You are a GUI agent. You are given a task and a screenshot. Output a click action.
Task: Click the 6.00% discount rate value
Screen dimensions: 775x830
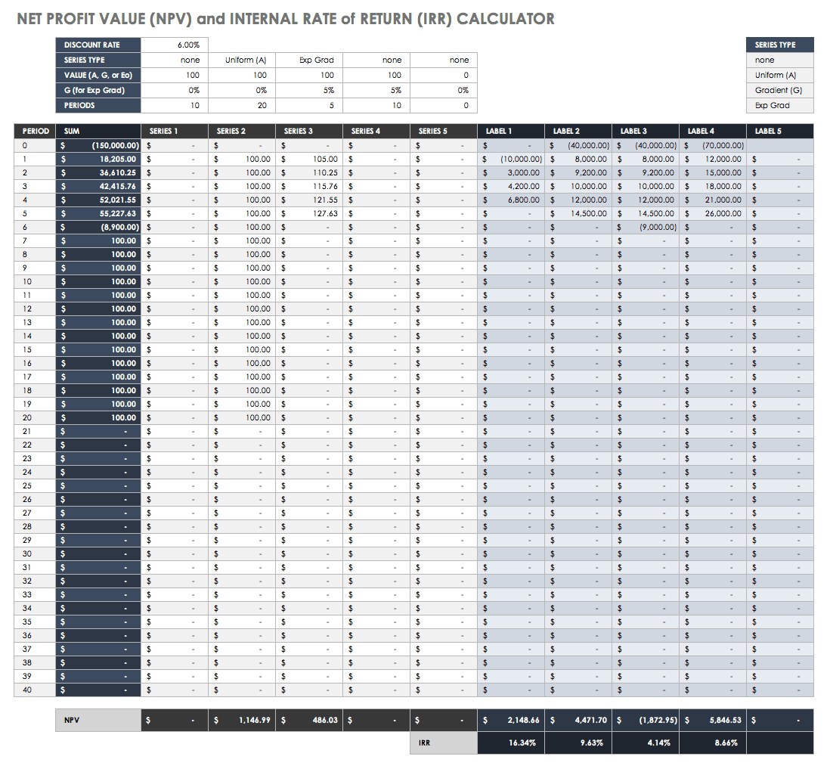(188, 45)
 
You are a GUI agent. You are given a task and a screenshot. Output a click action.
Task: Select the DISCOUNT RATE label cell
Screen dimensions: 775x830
(92, 45)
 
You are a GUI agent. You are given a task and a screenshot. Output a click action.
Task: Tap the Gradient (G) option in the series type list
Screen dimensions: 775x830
(778, 90)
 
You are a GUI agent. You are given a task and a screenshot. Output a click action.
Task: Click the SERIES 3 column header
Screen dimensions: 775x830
(299, 131)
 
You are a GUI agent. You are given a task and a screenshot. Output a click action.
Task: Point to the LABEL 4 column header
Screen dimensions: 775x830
(701, 131)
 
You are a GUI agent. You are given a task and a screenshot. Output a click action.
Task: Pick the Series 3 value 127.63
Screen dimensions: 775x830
(324, 213)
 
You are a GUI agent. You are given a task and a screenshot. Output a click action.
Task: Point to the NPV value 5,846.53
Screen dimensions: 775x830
(723, 720)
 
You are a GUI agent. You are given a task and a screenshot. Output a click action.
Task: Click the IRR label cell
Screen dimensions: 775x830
(425, 742)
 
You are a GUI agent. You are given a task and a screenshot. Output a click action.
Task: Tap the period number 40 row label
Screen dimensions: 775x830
(27, 690)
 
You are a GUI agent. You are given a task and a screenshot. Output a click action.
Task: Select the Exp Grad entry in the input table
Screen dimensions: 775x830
(316, 60)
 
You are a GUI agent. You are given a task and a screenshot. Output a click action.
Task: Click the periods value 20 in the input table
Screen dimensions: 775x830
(260, 105)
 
